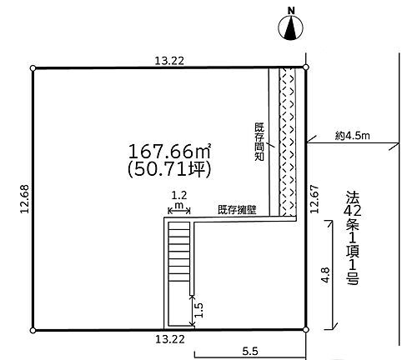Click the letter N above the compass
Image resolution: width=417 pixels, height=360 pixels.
point(291,11)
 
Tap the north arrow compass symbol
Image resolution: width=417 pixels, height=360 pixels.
point(291,30)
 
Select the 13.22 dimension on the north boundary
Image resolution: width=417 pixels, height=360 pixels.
point(170,59)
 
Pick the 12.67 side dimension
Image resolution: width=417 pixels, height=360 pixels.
point(314,200)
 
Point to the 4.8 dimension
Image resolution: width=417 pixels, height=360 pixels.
point(324,272)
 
